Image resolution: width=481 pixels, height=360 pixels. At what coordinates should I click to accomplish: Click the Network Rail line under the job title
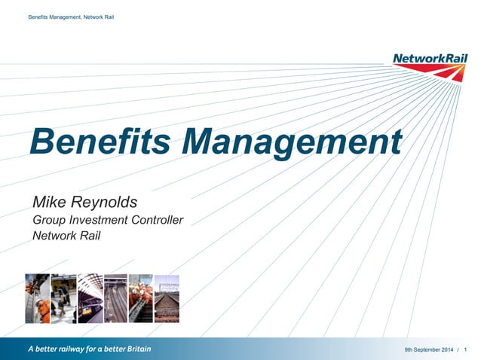click(x=66, y=236)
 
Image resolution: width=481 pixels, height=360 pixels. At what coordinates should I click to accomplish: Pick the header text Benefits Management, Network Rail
click(x=70, y=17)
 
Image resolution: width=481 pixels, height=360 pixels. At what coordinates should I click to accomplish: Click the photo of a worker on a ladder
click(x=37, y=298)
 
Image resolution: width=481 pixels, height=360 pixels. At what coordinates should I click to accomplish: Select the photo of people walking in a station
click(x=63, y=298)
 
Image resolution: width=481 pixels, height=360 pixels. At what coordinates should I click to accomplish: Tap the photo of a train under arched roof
click(x=90, y=298)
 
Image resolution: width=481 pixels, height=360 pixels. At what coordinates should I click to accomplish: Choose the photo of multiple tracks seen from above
click(x=115, y=298)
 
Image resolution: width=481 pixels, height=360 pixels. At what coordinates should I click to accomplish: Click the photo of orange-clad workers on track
click(x=141, y=298)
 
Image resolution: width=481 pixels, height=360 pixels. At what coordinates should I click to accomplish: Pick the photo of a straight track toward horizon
click(x=167, y=298)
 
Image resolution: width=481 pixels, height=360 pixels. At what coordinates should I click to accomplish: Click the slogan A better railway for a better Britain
click(x=90, y=349)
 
